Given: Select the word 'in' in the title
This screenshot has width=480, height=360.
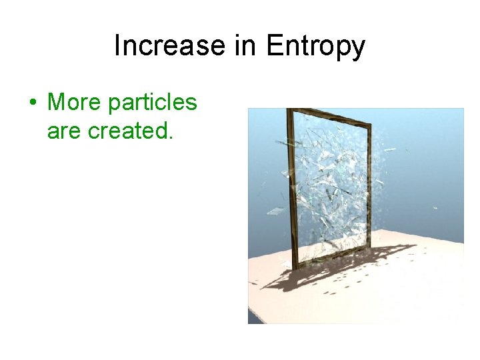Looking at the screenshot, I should pos(246,46).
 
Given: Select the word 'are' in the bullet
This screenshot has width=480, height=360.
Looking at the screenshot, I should pos(65,131).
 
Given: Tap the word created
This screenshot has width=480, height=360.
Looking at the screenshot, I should pos(131,131).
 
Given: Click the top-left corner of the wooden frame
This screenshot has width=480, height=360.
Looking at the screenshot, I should pos(288,111).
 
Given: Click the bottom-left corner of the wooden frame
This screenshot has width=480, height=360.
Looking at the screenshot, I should pos(295,267).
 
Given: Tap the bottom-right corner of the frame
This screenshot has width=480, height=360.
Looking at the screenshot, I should pos(370,247).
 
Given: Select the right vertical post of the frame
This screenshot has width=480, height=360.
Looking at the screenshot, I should pos(369,187).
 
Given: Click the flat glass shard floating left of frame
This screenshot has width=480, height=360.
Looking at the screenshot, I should pos(275,211).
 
